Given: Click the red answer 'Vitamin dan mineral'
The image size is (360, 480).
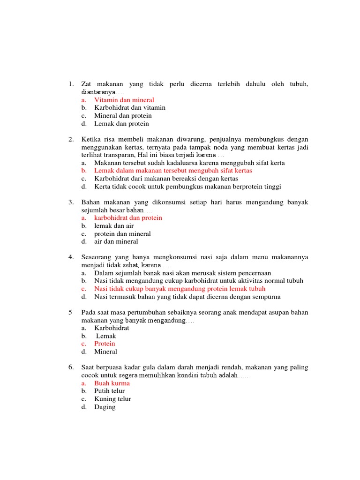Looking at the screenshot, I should coord(124,100).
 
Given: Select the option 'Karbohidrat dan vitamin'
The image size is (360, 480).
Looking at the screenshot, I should coord(129,108).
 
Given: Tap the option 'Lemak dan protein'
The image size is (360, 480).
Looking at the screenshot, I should coord(121,124).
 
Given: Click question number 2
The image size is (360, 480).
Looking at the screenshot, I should coord(71,139).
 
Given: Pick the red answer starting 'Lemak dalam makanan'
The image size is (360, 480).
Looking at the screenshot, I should coord(173,171).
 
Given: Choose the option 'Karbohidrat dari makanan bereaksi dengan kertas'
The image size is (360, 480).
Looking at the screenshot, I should coord(166,179).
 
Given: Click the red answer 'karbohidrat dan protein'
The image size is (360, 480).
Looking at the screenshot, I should coord(128,218).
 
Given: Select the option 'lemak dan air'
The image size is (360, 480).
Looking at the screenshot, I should coord(114,226).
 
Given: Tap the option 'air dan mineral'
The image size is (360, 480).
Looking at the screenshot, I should coord(116,242).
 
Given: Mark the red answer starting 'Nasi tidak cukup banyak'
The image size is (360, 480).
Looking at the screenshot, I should coord(180,289).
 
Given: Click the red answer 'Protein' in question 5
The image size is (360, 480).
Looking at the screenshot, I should coord(105,344).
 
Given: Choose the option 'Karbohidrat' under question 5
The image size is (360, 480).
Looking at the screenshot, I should coord(112,328).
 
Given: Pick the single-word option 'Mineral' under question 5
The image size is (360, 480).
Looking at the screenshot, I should coord(105,352).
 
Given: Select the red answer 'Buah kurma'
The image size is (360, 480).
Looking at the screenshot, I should coord(112,383).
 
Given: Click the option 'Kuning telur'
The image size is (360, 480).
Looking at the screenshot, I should coord(112,399).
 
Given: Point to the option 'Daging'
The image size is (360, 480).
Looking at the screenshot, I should coord(105,407).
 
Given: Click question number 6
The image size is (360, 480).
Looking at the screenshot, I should coord(71,367).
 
